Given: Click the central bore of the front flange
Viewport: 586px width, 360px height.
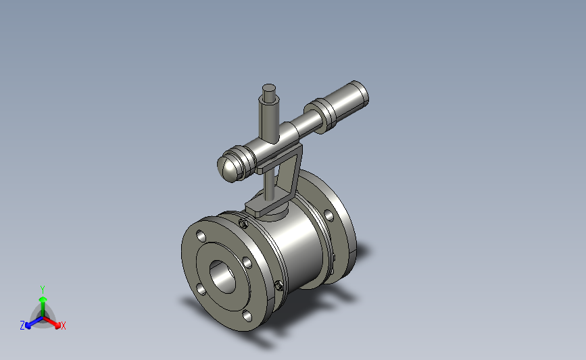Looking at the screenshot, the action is (223, 277).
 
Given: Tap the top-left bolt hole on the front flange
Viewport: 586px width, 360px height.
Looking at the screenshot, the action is (201, 236).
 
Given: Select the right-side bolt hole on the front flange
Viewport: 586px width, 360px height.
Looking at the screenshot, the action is (247, 263).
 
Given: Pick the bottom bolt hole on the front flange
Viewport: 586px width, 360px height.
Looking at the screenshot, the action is (247, 316).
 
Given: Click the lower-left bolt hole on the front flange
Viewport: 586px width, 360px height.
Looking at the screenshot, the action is (201, 290).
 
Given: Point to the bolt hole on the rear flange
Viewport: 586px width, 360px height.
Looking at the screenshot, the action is (329, 215).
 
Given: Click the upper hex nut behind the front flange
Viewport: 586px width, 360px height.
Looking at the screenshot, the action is (243, 224).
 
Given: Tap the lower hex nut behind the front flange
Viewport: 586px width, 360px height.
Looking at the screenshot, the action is (278, 286).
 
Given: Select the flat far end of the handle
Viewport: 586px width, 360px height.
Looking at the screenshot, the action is (361, 92).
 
